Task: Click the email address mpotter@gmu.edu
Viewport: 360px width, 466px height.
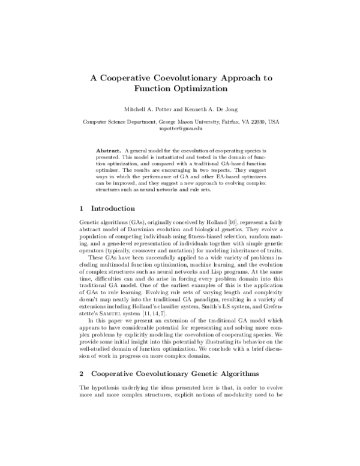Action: [180, 128]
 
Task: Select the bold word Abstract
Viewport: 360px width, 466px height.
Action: [108, 148]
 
